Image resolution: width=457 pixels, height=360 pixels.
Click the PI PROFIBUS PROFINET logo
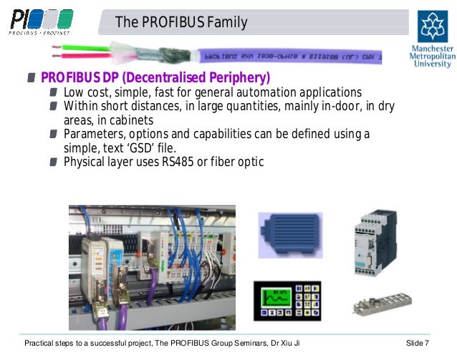click(41, 21)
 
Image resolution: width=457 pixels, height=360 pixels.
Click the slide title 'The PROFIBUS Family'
click(182, 22)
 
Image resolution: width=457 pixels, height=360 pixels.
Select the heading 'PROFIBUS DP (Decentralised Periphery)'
click(155, 77)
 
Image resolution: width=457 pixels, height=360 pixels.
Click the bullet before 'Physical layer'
click(55, 162)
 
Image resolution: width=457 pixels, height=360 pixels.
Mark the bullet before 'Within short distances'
click(55, 107)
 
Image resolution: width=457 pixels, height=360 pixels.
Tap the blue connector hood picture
click(289, 234)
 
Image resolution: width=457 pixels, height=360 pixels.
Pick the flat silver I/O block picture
click(379, 303)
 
